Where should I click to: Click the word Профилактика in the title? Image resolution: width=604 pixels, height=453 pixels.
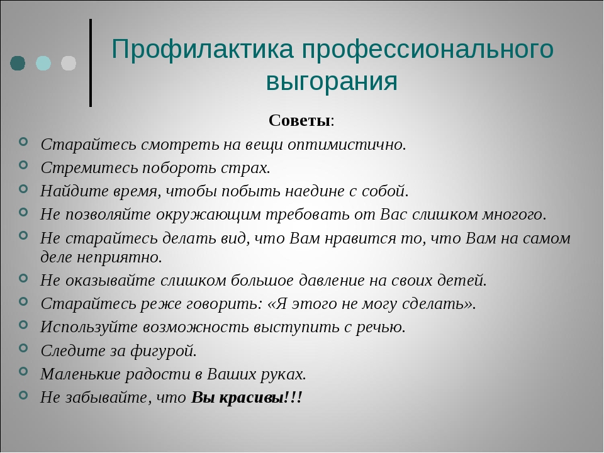point(203,49)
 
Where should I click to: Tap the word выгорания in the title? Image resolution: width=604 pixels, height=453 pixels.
point(332,81)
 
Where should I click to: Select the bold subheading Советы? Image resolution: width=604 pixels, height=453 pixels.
point(299,121)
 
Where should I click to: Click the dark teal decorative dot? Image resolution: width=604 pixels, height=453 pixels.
point(18,63)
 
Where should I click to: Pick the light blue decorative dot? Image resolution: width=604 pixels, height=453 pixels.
point(43,63)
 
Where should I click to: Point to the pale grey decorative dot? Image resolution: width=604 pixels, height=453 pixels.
point(69,63)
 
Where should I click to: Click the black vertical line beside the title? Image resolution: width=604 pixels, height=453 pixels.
point(91,62)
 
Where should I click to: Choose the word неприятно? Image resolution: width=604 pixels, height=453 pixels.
point(119,257)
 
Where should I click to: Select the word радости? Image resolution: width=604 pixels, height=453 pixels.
point(157,374)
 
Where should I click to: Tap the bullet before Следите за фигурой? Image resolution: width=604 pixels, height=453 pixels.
point(23,348)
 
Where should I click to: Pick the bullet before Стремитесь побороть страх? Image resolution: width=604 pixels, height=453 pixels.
point(23,165)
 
